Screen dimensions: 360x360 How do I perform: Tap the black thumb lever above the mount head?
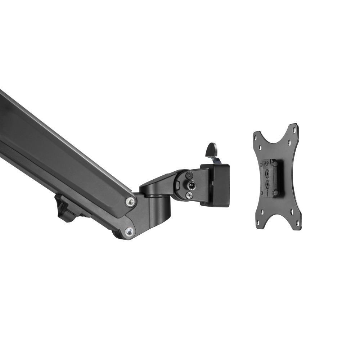pyautogui.click(x=212, y=149)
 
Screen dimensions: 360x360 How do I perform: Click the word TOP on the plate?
pyautogui.click(x=266, y=164)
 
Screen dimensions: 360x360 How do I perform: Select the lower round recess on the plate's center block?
pyautogui.click(x=267, y=183)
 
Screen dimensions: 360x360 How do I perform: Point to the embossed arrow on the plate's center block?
pyautogui.click(x=267, y=192)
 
